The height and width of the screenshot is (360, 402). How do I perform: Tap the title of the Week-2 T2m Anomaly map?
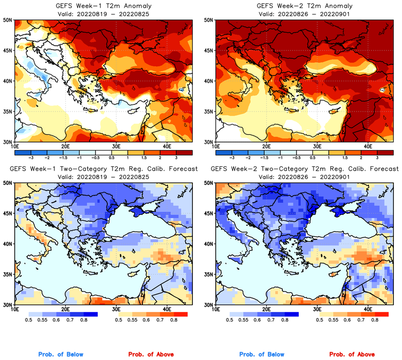[303, 5]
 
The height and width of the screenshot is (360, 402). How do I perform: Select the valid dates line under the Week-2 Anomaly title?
[303, 14]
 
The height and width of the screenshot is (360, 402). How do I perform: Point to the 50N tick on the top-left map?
[9, 20]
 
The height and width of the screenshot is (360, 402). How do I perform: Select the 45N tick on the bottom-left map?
[9, 213]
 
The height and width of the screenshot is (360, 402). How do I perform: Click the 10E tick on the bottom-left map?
[15, 309]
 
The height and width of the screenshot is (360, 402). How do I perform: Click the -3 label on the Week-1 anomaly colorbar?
[32, 156]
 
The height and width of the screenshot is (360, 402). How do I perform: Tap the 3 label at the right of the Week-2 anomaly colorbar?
[376, 156]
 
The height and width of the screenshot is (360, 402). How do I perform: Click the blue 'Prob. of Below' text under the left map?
[60, 355]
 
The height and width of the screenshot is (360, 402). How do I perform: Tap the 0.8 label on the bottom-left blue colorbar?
[84, 321]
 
